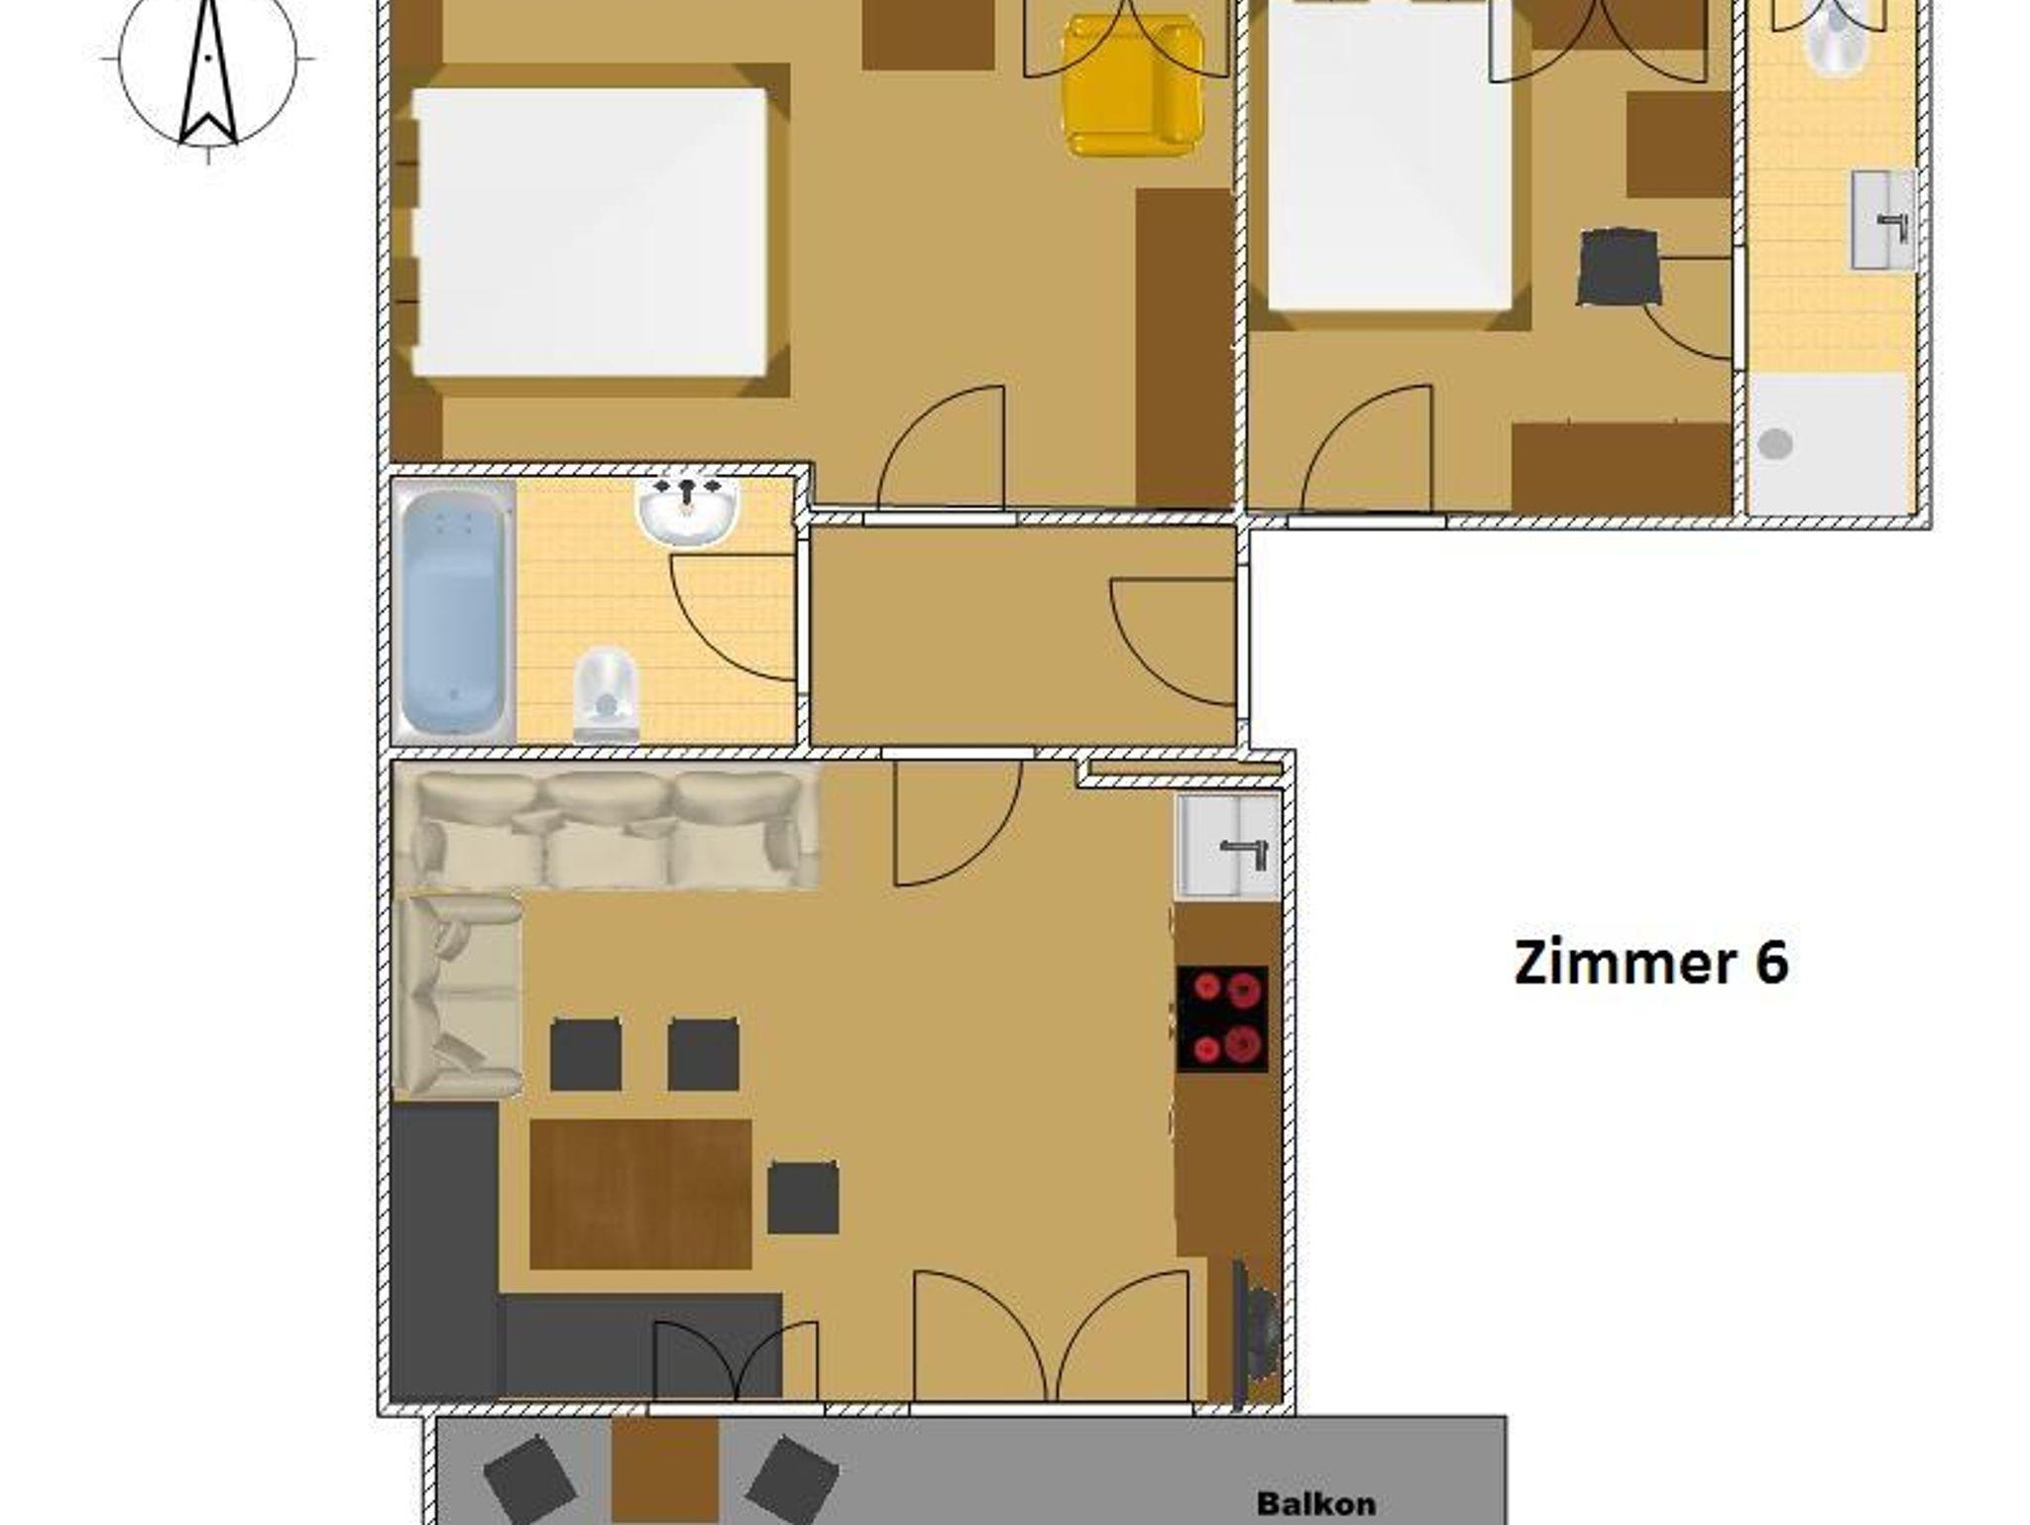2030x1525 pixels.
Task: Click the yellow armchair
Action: pyautogui.click(x=1133, y=88)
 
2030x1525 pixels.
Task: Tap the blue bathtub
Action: pyautogui.click(x=453, y=611)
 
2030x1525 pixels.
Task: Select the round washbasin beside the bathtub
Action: pyautogui.click(x=688, y=510)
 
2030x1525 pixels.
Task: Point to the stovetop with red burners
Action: pyautogui.click(x=1222, y=1018)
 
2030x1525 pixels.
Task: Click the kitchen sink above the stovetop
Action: pyautogui.click(x=1227, y=847)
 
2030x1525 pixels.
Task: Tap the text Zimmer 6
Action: pyautogui.click(x=1651, y=964)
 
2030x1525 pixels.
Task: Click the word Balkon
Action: pyautogui.click(x=1316, y=1503)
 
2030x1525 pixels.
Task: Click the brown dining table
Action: pyautogui.click(x=640, y=1194)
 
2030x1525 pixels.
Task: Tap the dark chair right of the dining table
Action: pyautogui.click(x=803, y=1198)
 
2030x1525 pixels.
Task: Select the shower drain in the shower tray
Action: pyautogui.click(x=1775, y=444)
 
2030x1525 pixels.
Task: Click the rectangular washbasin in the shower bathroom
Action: pyautogui.click(x=1882, y=220)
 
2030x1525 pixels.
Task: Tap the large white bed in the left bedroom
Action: pyautogui.click(x=591, y=233)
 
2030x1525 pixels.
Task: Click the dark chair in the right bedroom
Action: pyautogui.click(x=1619, y=266)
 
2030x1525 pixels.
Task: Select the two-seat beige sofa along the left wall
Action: pyautogui.click(x=457, y=996)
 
